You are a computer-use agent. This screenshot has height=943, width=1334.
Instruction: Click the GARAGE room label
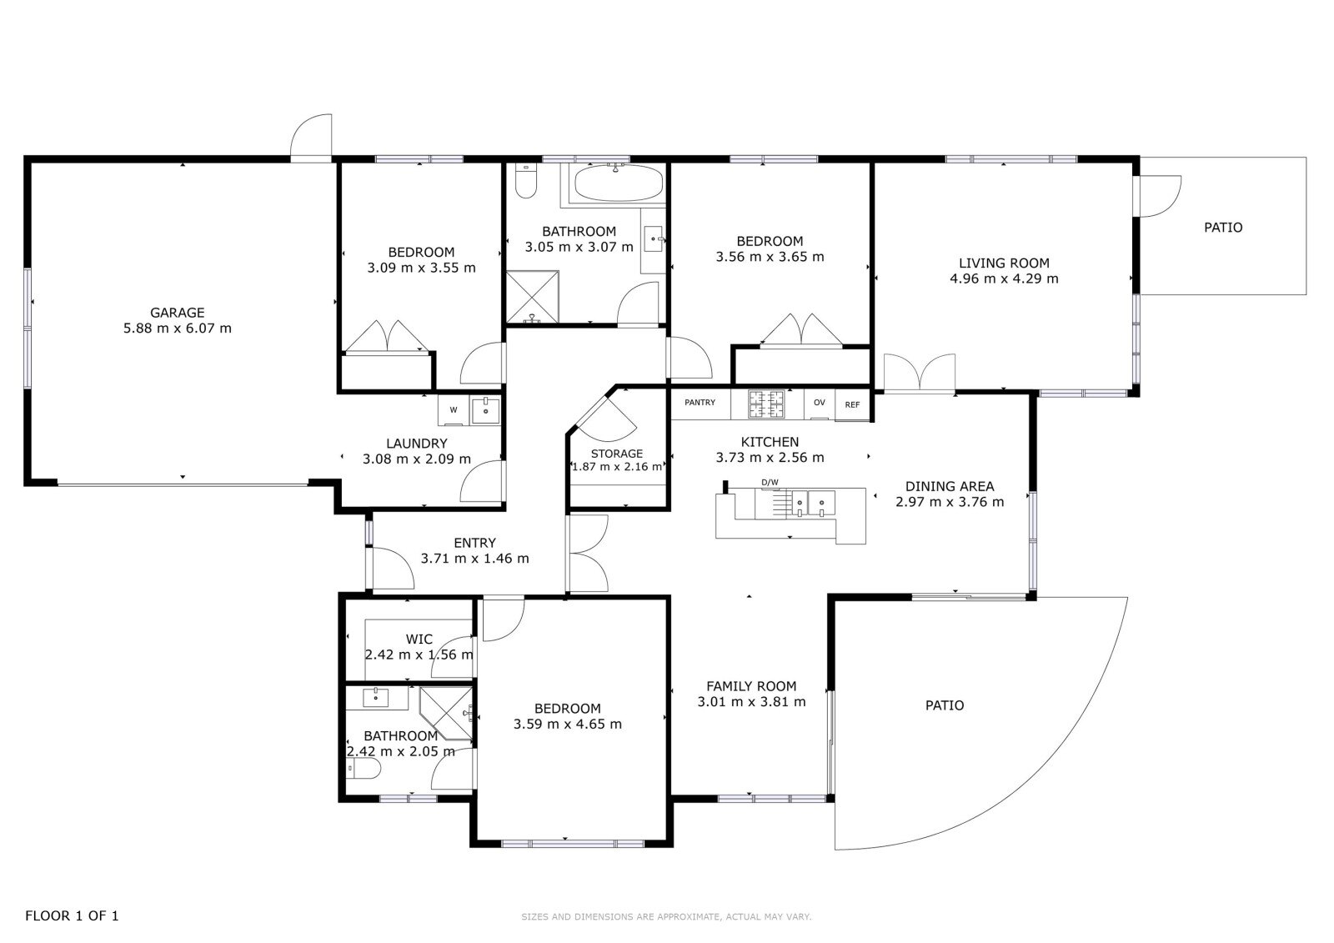coord(178,312)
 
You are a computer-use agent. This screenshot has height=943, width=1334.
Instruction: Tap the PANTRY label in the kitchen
coord(700,403)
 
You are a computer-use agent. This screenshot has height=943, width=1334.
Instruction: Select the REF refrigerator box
coord(852,404)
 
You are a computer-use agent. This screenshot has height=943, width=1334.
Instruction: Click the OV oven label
coord(820,403)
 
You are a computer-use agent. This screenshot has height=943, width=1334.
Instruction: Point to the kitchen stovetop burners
coord(766,404)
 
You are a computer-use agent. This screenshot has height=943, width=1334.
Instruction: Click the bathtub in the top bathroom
coord(618,183)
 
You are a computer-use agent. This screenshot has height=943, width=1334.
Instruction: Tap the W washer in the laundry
coord(454,410)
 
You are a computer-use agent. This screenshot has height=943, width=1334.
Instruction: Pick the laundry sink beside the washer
coord(486,410)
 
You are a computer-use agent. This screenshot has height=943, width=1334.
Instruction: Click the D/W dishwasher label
coord(770,483)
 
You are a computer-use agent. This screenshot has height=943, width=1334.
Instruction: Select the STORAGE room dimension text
coord(617,466)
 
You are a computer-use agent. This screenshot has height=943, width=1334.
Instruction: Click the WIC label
coord(419,640)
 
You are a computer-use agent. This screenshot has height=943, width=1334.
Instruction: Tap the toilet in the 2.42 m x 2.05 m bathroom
coord(364,769)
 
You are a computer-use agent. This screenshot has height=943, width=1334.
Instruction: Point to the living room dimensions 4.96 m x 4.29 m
coord(1004,278)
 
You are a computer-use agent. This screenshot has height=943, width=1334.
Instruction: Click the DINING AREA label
coord(950,486)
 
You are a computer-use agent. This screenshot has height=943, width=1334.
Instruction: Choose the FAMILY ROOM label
coord(751,685)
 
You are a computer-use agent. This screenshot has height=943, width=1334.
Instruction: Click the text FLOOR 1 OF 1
coord(72,915)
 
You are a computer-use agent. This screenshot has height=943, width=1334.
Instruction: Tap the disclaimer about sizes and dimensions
coord(666,917)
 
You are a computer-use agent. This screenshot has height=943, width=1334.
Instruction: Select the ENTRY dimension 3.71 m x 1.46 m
coord(474,558)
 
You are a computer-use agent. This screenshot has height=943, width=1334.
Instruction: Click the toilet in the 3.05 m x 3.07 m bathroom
coord(525,180)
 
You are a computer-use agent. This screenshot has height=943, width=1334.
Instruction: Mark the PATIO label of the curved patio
coord(945,705)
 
